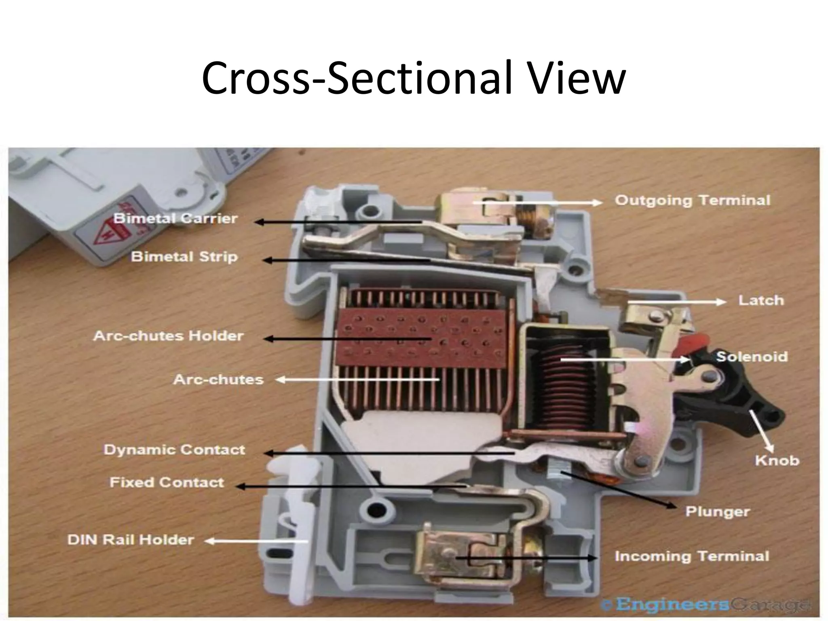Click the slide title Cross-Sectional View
(413, 78)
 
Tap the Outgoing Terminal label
(692, 201)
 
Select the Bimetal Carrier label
(175, 219)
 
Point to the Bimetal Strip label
(184, 257)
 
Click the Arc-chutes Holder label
(169, 336)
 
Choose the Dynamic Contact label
(174, 450)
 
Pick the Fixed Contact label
(167, 482)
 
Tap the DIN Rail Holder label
(131, 540)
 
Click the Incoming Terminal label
(692, 556)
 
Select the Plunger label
(718, 511)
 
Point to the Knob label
(777, 460)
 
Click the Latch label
(761, 300)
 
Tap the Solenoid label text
(752, 357)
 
